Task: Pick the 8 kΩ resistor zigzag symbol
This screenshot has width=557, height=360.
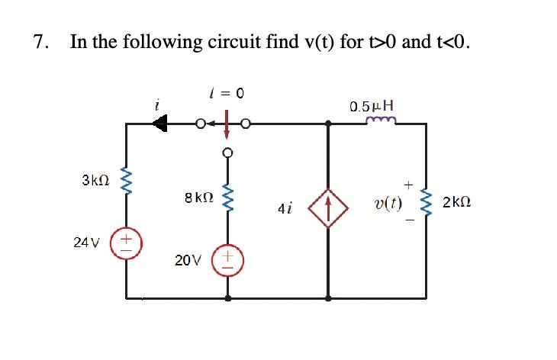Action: [226, 201]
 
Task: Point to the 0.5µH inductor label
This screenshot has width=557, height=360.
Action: [372, 105]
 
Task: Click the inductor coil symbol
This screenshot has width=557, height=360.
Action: [379, 120]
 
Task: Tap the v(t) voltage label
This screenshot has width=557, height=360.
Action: [388, 204]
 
